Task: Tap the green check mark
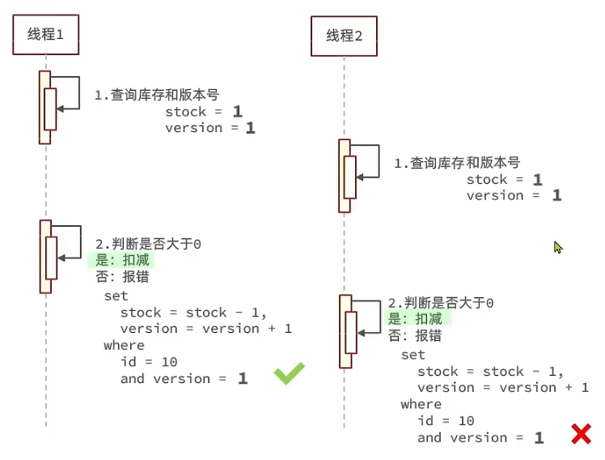pyautogui.click(x=289, y=373)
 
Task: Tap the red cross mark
pyautogui.click(x=581, y=434)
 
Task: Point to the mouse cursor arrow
pyautogui.click(x=557, y=247)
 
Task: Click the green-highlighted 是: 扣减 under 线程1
pyautogui.click(x=121, y=261)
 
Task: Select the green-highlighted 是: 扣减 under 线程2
pyautogui.click(x=420, y=319)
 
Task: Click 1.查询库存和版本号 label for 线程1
pyautogui.click(x=157, y=96)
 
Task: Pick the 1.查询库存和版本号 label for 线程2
pyautogui.click(x=457, y=163)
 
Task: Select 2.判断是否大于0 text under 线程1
pyautogui.click(x=148, y=245)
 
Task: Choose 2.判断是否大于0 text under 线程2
pyautogui.click(x=441, y=303)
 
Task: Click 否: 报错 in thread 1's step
pyautogui.click(x=121, y=277)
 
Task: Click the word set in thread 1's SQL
pyautogui.click(x=116, y=296)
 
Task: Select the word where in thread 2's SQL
pyautogui.click(x=421, y=404)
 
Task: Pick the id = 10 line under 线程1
pyautogui.click(x=149, y=362)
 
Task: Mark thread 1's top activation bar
pyautogui.click(x=44, y=107)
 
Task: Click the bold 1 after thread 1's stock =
pyautogui.click(x=237, y=111)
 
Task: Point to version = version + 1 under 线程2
pyautogui.click(x=502, y=388)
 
